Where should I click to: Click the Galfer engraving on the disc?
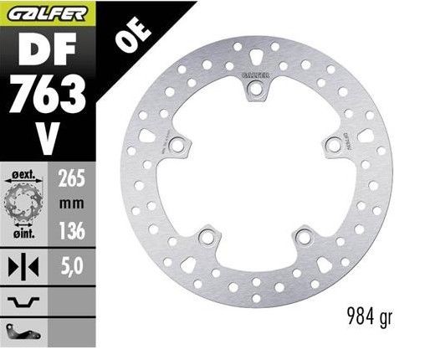[x=256, y=76]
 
